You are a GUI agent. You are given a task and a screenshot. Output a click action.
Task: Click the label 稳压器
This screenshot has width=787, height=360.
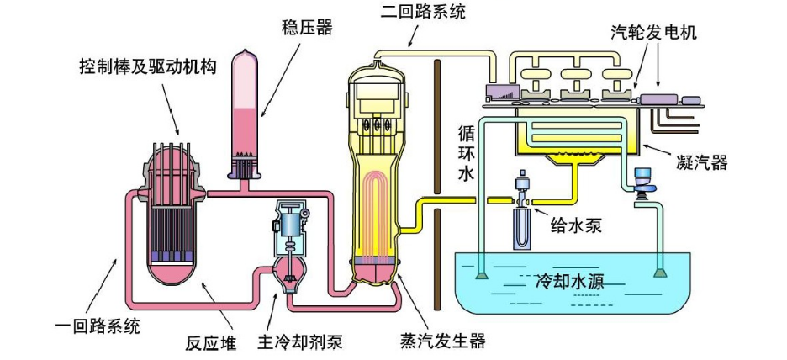coord(307,28)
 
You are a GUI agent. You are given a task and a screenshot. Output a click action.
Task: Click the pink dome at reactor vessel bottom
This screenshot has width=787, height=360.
coord(175,273)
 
